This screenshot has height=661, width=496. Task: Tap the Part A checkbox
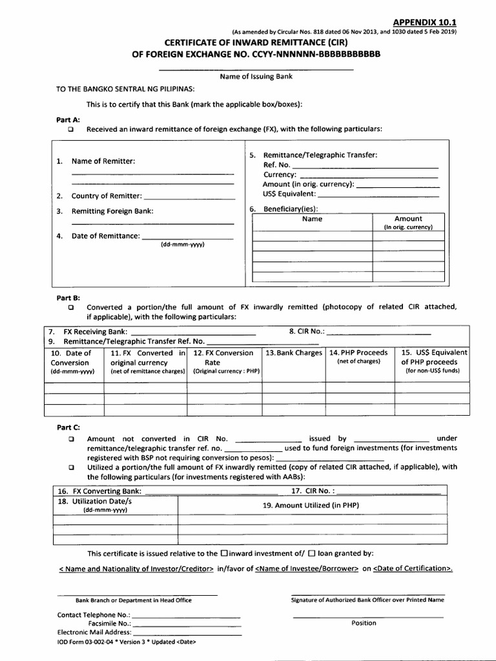(71, 129)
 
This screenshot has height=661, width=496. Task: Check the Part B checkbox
(71, 307)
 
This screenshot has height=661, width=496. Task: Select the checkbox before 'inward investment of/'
(224, 553)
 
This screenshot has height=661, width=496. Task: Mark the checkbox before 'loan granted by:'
(311, 553)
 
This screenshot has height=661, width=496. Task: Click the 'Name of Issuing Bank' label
(256, 76)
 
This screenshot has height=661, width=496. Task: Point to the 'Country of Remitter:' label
(106, 196)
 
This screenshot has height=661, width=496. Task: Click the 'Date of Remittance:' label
(105, 236)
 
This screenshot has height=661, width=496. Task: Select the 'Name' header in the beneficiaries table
(312, 219)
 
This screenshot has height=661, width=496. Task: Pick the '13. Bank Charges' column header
(294, 353)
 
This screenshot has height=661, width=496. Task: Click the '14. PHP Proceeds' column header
(358, 353)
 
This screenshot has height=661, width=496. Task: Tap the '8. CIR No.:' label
(307, 332)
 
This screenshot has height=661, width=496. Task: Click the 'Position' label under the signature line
(364, 623)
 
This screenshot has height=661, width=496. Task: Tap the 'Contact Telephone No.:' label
(94, 615)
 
